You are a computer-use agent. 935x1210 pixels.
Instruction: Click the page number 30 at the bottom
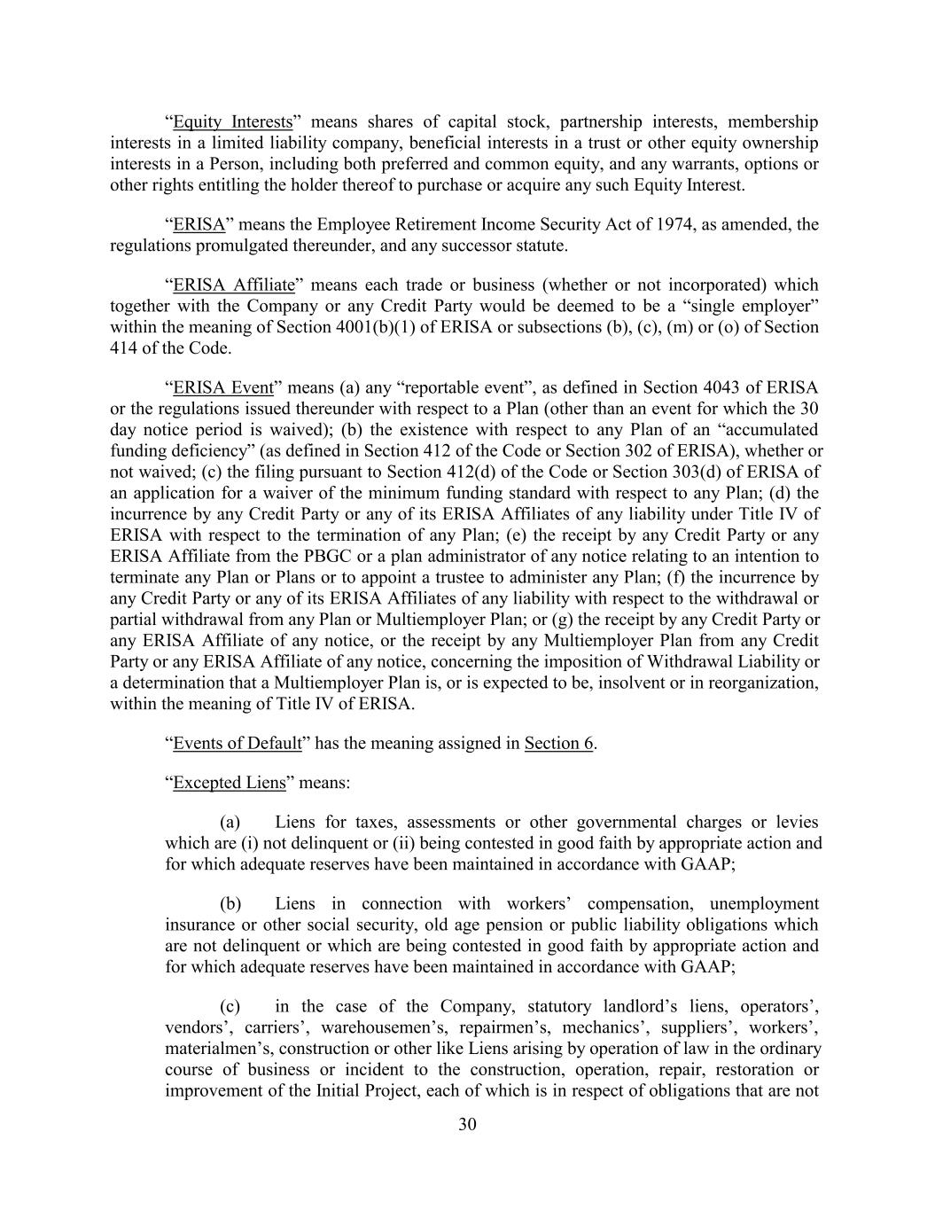pos(468,1125)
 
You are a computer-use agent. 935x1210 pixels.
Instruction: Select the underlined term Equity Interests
pos(232,121)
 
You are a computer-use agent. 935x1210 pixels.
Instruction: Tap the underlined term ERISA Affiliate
pos(233,285)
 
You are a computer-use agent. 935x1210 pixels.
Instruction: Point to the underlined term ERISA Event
pos(223,387)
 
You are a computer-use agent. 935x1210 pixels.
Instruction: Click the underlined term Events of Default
pos(238,743)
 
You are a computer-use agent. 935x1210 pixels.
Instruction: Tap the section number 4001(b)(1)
pos(402,327)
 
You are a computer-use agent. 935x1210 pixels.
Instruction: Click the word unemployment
pos(764,903)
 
